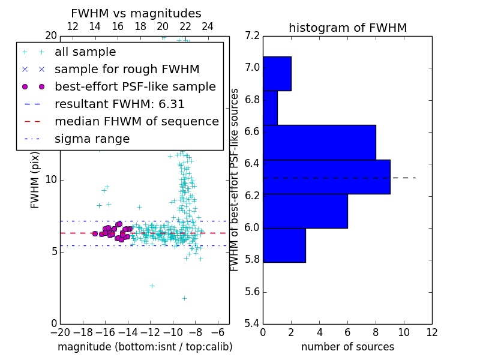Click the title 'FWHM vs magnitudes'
pyautogui.click(x=136, y=13)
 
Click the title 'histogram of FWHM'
pyautogui.click(x=347, y=28)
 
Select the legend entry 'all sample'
pyautogui.click(x=85, y=52)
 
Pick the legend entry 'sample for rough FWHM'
pyautogui.click(x=127, y=69)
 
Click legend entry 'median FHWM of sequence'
pyautogui.click(x=136, y=121)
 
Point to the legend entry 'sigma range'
pyautogui.click(x=92, y=139)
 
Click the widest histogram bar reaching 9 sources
pyautogui.click(x=326, y=177)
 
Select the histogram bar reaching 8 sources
pyautogui.click(x=319, y=142)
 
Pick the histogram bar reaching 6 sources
pyautogui.click(x=305, y=211)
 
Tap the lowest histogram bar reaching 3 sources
pyautogui.click(x=284, y=245)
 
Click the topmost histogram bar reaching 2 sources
pyautogui.click(x=277, y=74)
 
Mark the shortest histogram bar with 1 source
pyautogui.click(x=270, y=108)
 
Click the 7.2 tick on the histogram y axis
pyautogui.click(x=252, y=35)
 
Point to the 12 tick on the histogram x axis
pyautogui.click(x=431, y=332)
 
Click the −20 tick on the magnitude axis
pyautogui.click(x=60, y=332)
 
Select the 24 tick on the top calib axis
pyautogui.click(x=208, y=26)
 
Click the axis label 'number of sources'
pyautogui.click(x=347, y=347)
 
